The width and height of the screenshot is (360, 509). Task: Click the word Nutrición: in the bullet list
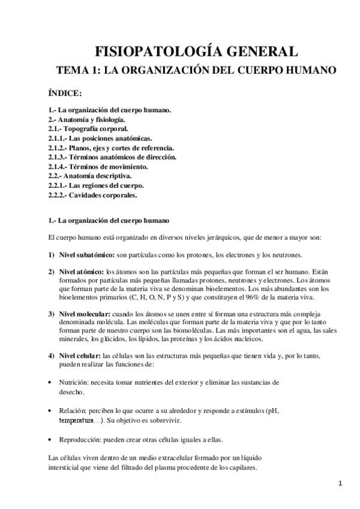[74, 382]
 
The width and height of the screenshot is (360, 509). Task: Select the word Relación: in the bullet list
[72, 411]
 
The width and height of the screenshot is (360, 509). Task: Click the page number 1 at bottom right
[340, 483]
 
